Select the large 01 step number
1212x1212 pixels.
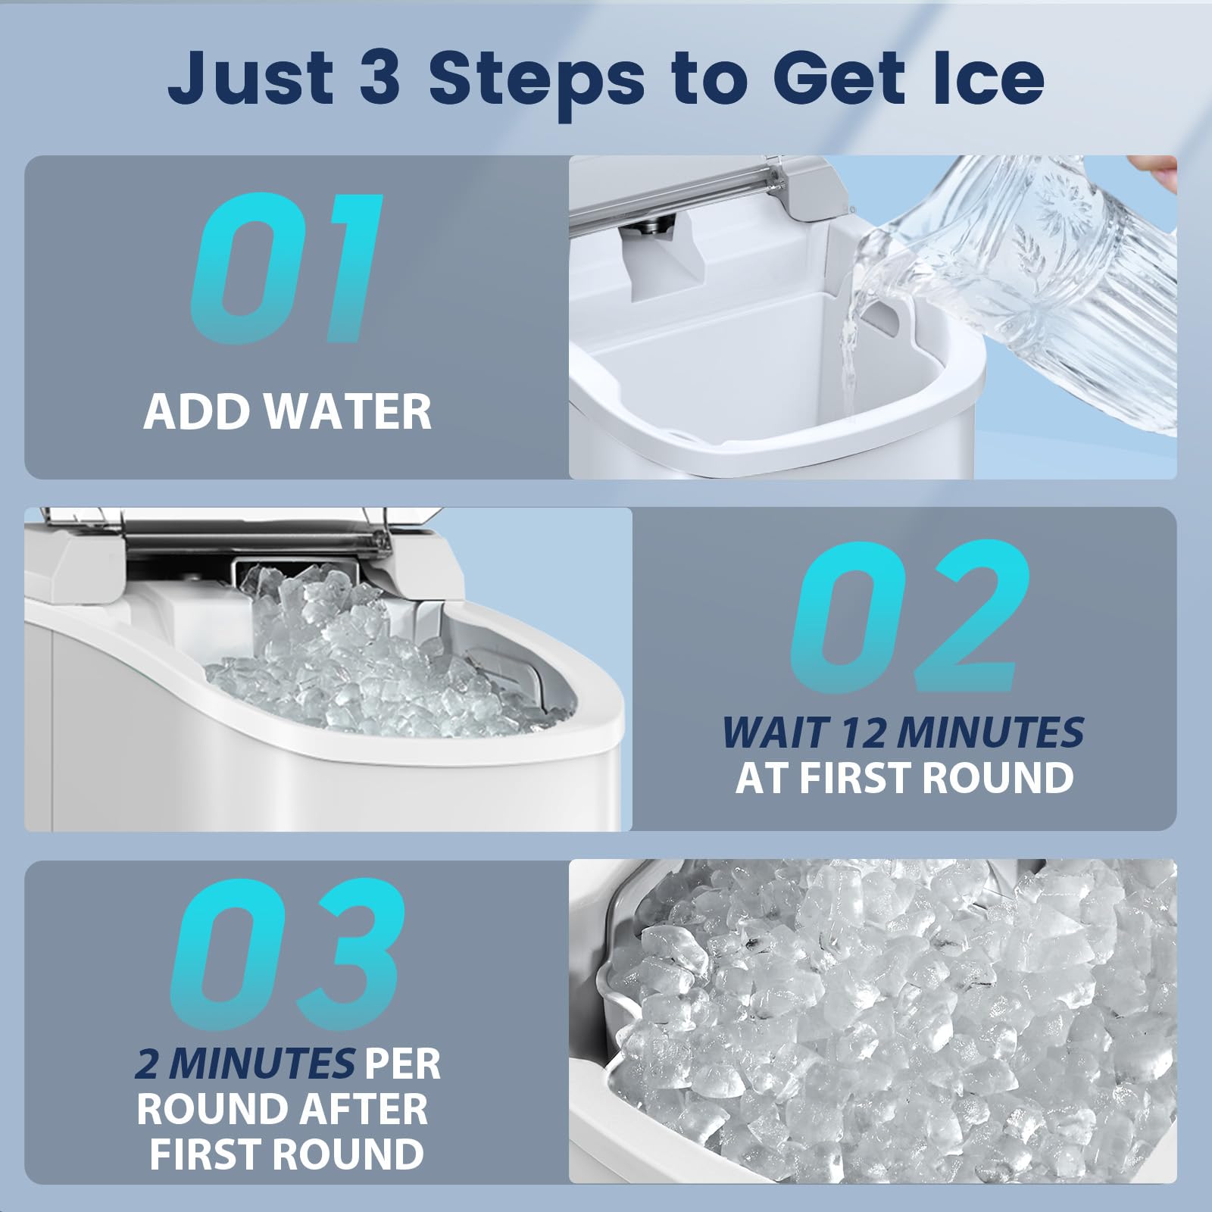tap(284, 266)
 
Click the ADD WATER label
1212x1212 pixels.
tap(288, 411)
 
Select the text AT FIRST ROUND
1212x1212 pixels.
tap(904, 777)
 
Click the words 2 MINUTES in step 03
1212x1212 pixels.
tap(245, 1064)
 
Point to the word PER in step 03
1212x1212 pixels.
tap(402, 1064)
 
